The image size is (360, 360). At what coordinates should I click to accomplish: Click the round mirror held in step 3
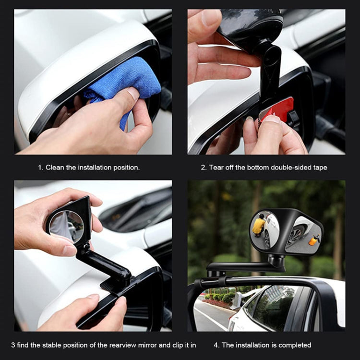67,226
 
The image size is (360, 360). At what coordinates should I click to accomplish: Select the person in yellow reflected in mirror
260,225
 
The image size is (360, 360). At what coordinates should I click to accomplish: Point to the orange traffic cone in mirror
313,240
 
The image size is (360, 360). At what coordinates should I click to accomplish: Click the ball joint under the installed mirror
277,260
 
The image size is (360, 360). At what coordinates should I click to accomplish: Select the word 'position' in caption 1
125,168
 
